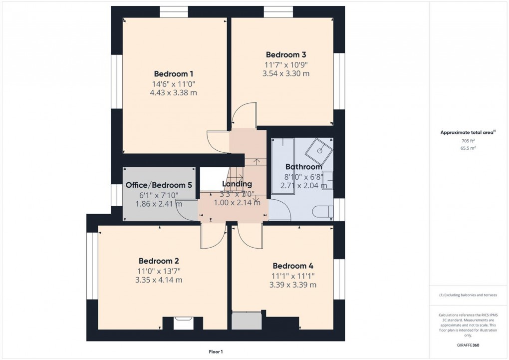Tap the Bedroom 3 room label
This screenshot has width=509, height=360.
(x=285, y=54)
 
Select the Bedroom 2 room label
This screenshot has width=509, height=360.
(x=159, y=261)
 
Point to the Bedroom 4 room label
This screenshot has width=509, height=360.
(x=292, y=266)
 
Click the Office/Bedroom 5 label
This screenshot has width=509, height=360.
(x=159, y=185)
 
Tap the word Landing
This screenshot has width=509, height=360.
(x=238, y=184)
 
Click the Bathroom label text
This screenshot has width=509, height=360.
(x=303, y=167)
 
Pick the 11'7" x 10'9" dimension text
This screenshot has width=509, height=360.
(x=285, y=64)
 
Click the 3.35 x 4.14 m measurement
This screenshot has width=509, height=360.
(x=159, y=280)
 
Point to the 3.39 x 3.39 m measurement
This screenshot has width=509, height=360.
(x=292, y=285)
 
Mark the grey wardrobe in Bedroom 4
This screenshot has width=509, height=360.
(x=247, y=321)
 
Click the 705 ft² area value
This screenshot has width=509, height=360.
(x=468, y=141)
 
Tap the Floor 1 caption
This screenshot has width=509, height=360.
(x=216, y=352)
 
